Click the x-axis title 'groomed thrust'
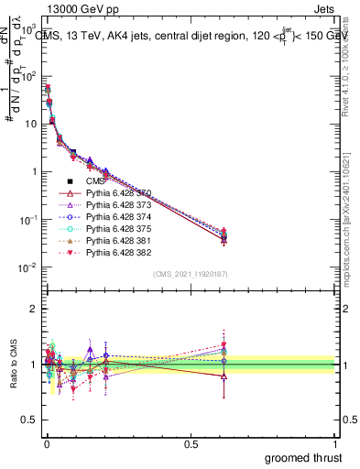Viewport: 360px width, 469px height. point(304,458)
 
